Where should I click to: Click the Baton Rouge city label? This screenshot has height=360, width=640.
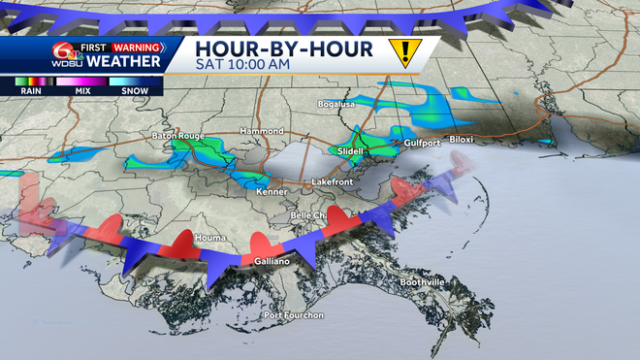click(x=177, y=136)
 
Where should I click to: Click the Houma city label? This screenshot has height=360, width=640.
click(x=209, y=237)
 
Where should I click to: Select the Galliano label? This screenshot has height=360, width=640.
click(x=274, y=262)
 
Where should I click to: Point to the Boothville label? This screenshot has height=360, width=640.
click(x=423, y=281)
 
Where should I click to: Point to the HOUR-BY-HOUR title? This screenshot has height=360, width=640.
click(x=283, y=48)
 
